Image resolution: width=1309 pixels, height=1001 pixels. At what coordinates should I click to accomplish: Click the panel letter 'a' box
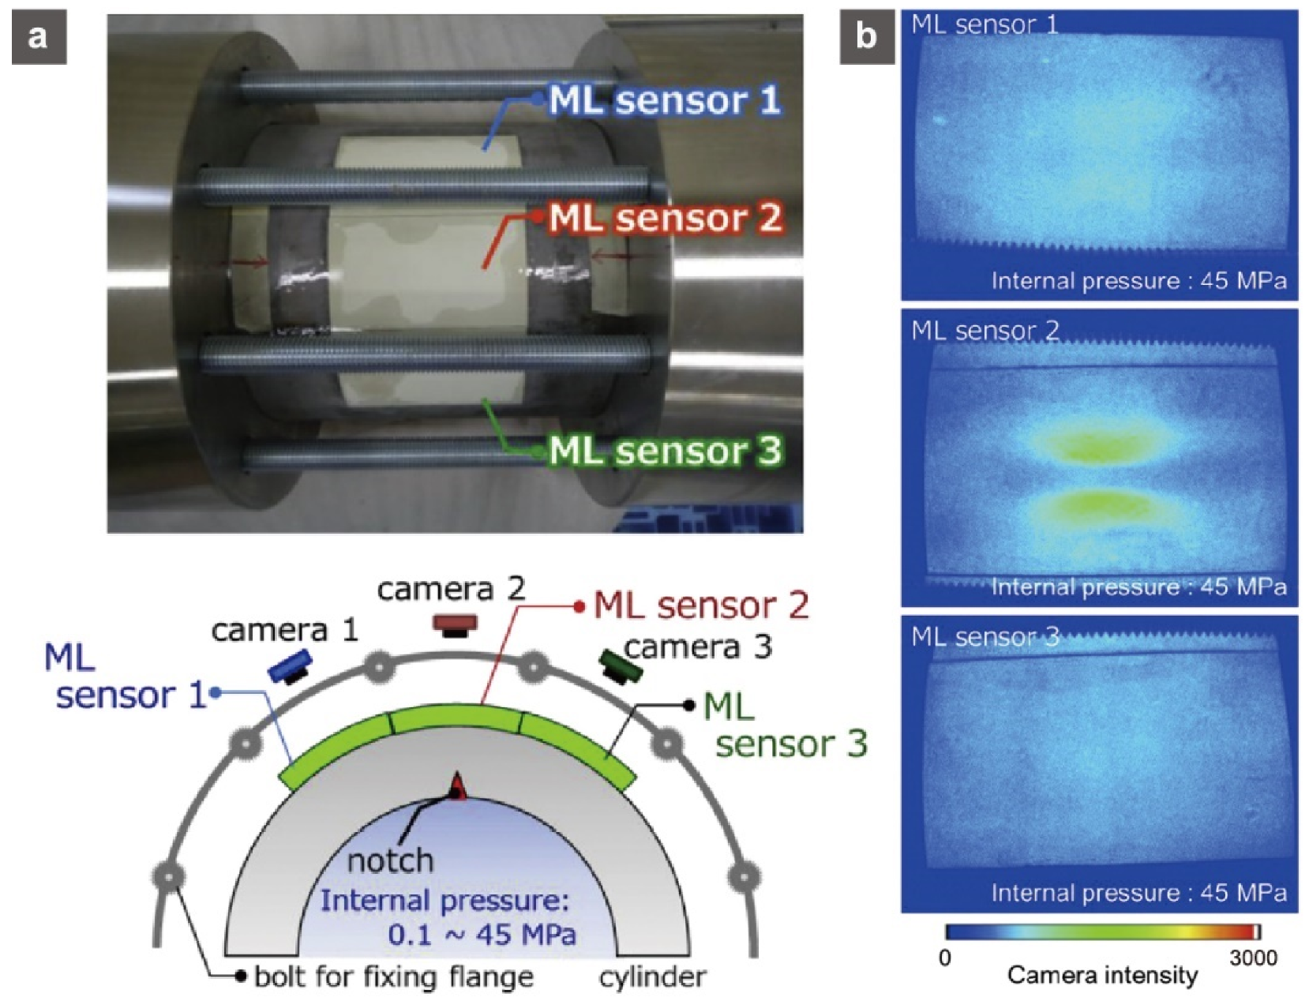click(39, 37)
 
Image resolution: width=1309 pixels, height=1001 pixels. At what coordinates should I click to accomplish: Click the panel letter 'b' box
click(866, 37)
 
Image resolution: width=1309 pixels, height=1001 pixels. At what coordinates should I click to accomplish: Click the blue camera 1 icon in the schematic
click(291, 666)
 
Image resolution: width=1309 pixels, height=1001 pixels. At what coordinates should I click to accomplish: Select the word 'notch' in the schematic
click(391, 860)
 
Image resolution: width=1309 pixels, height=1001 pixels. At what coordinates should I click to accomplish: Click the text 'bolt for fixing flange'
click(394, 977)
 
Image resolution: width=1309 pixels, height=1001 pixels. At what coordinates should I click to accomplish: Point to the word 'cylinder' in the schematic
click(652, 977)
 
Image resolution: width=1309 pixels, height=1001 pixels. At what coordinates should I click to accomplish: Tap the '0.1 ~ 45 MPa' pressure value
click(482, 935)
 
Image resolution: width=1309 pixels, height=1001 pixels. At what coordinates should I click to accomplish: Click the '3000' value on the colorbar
click(1253, 958)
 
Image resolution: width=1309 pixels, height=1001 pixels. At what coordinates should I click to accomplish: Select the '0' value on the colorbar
click(945, 958)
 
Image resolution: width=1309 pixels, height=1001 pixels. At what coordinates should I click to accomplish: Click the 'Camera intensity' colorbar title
click(1102, 975)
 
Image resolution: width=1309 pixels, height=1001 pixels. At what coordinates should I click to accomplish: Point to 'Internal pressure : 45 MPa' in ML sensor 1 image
click(1138, 280)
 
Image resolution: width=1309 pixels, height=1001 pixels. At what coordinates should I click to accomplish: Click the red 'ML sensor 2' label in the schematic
click(701, 605)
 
